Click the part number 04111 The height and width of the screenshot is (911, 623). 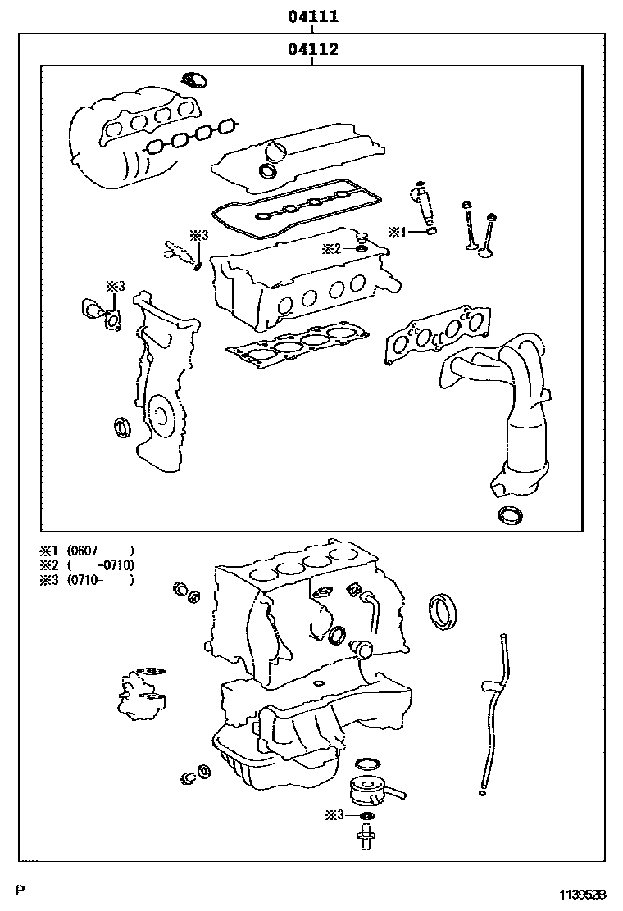[x=313, y=16]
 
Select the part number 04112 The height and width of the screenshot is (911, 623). [x=313, y=49]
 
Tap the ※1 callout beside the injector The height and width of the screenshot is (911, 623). [x=397, y=232]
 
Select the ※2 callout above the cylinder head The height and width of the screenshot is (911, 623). [x=330, y=247]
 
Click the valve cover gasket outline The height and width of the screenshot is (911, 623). [x=295, y=209]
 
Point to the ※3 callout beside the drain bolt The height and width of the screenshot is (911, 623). [x=334, y=814]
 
